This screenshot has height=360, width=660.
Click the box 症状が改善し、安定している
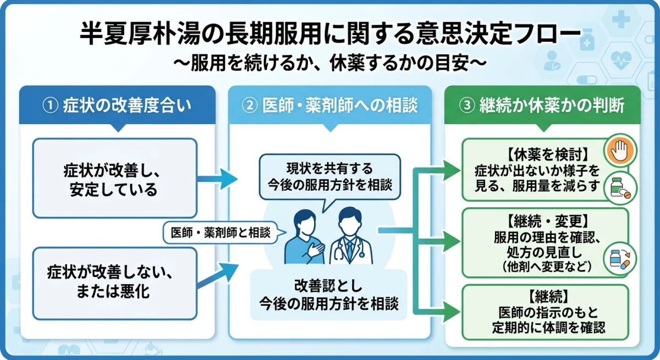coord(114,178)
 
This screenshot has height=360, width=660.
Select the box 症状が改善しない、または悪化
coord(114,281)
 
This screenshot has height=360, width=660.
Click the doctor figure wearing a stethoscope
coord(350,237)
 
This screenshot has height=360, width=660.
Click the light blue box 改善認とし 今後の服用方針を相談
coord(329,294)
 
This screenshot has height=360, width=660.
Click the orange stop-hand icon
coord(620,149)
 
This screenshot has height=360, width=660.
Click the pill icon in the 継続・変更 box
coord(620,258)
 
